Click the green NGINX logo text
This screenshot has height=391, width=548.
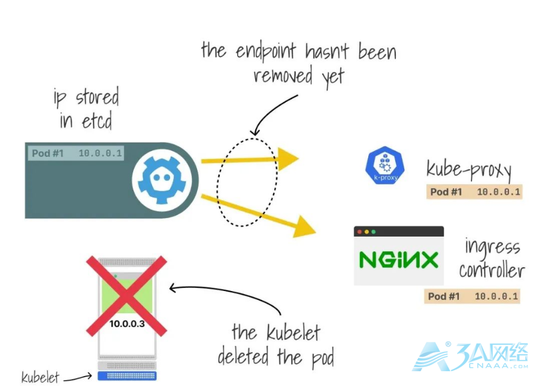[x=398, y=260]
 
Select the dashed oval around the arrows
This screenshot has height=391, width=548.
[x=247, y=182]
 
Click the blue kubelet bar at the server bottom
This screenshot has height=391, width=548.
[x=127, y=376]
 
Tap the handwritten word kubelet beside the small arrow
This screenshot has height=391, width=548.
[x=40, y=377]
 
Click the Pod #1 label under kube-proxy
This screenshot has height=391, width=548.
[x=446, y=192]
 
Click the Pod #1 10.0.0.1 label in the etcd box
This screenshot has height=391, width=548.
[x=77, y=153]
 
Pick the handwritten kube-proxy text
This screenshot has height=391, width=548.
[x=469, y=169]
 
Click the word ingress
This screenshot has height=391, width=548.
[x=492, y=247]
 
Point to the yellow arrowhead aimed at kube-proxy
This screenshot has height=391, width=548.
[x=287, y=159]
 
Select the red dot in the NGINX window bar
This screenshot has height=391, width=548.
[x=359, y=231]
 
